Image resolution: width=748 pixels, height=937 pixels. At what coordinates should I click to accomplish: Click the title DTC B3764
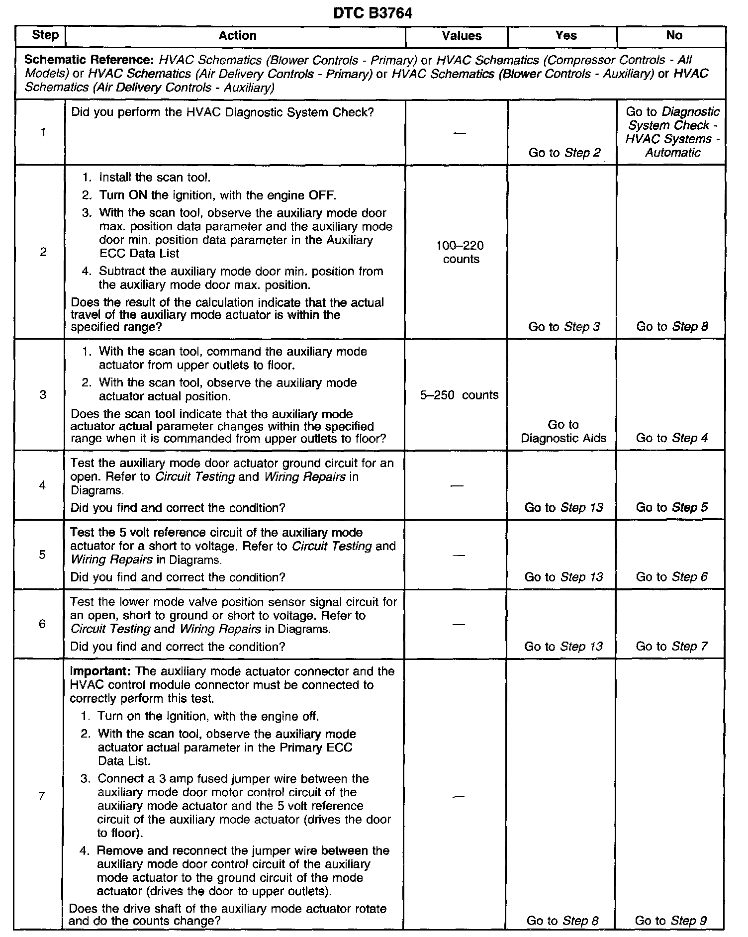[x=373, y=13]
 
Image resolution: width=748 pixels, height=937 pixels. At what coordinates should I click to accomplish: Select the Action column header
[x=238, y=36]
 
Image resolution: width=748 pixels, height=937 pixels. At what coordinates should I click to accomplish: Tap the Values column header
[x=462, y=36]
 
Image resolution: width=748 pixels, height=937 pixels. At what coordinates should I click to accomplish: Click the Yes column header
[x=566, y=36]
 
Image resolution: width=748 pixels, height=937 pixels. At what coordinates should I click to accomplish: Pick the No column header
[x=674, y=36]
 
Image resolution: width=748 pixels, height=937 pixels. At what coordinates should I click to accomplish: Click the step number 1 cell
[x=43, y=132]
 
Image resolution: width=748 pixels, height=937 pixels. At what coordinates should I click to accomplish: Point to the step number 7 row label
[x=42, y=796]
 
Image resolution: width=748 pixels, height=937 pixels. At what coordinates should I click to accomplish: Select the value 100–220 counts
[x=461, y=252]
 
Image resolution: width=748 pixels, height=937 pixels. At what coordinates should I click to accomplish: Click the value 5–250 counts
[x=459, y=395]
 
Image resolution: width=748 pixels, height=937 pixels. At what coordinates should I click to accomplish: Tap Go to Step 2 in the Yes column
[x=564, y=153]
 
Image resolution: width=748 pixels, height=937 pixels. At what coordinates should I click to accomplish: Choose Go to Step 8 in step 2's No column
[x=672, y=327]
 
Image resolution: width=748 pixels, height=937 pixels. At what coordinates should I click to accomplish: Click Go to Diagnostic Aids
[x=563, y=431]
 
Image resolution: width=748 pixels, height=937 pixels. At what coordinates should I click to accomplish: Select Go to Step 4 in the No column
[x=672, y=438]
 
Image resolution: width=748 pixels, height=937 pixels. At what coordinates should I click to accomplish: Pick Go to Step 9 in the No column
[x=670, y=921]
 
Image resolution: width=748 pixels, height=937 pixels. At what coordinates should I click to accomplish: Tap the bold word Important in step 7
[x=100, y=671]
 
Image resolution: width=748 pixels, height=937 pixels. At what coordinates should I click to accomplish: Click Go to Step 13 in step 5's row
[x=563, y=577]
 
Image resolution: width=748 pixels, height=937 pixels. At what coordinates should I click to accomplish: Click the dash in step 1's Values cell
[x=461, y=133]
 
